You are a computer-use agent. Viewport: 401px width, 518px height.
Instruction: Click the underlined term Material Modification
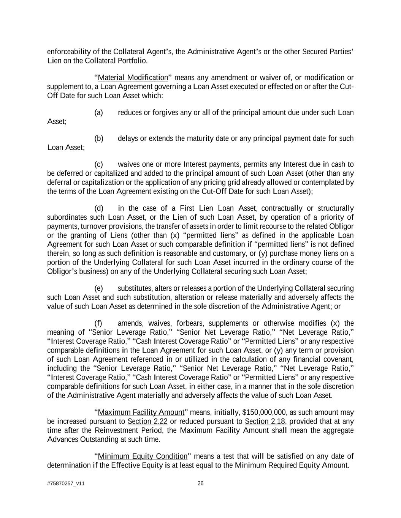[133, 78]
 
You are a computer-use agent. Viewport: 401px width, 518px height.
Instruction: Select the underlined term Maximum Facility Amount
[141, 413]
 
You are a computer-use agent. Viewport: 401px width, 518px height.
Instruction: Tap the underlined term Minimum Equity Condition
[143, 456]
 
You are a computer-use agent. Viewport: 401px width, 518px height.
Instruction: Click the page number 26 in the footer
[201, 483]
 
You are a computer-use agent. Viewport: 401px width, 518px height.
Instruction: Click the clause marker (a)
[98, 113]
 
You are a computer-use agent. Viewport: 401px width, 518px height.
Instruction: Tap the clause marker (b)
[98, 139]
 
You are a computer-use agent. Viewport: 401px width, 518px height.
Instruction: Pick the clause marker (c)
[98, 164]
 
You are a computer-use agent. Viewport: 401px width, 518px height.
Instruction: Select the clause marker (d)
[98, 208]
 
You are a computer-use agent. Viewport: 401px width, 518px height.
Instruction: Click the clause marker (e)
[98, 288]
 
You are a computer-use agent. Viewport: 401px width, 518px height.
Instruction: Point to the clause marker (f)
[98, 323]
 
